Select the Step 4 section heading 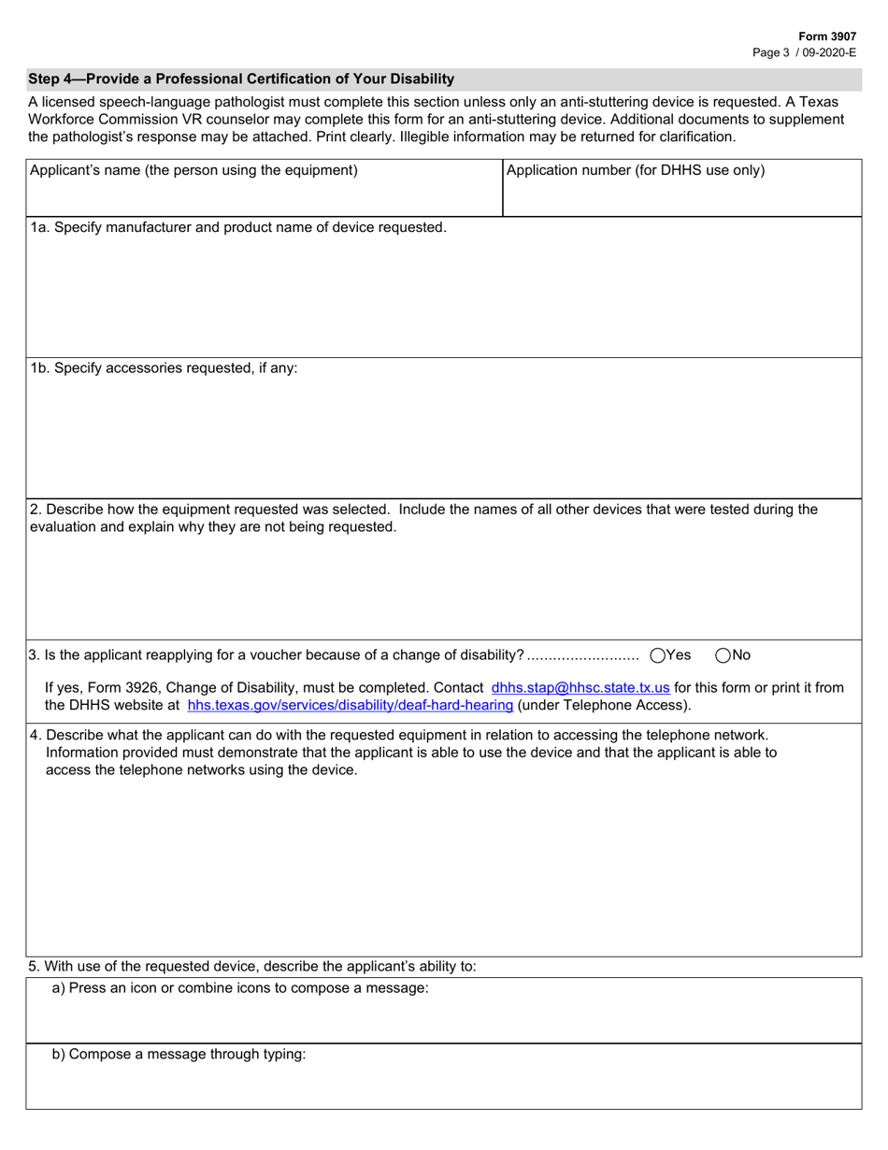(241, 79)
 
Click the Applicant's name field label (193, 170)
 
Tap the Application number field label (635, 170)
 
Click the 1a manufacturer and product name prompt (238, 227)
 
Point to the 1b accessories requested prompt (164, 368)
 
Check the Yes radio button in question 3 (657, 655)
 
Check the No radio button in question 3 (723, 655)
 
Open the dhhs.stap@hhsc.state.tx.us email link (580, 687)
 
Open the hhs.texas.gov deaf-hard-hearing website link (351, 705)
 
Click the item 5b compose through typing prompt (179, 1054)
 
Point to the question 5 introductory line (253, 967)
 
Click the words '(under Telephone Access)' (605, 705)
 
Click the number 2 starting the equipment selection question (35, 510)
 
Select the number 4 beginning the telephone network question (35, 735)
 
